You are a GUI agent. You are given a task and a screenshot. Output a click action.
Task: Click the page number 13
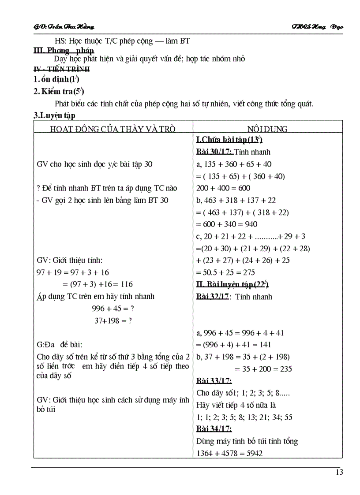tap(339, 473)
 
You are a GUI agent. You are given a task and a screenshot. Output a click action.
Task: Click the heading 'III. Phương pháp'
tap(64, 50)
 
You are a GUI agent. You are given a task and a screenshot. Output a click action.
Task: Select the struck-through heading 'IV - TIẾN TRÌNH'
tap(62, 69)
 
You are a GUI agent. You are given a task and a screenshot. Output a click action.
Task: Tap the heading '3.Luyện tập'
tap(55, 115)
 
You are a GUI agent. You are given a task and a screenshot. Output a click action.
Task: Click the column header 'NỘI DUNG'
tap(267, 129)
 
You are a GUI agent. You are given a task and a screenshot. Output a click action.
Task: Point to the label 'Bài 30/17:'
tap(214, 152)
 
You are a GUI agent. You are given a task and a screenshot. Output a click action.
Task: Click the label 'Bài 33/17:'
tap(214, 381)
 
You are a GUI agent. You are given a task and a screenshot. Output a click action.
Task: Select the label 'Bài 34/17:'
tap(214, 429)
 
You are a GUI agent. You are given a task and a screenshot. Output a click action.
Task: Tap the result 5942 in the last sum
tap(253, 453)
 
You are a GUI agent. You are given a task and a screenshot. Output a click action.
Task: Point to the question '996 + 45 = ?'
tap(113, 309)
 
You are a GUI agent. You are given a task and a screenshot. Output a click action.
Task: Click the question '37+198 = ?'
tap(113, 321)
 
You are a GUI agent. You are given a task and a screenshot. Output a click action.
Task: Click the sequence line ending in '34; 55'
tap(244, 417)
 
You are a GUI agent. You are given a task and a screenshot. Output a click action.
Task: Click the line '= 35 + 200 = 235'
tap(263, 369)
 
